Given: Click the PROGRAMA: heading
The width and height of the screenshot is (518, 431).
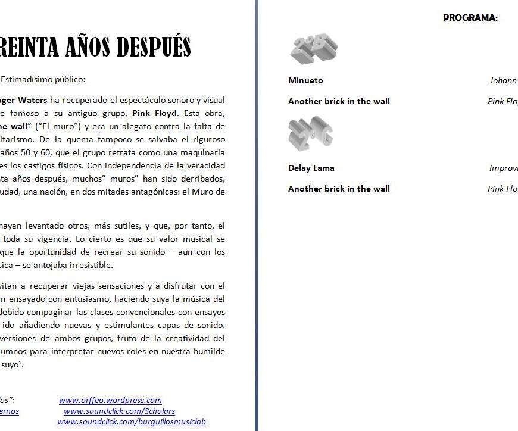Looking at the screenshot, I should [470, 18].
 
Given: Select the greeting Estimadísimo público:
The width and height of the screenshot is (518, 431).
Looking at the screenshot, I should [43, 79].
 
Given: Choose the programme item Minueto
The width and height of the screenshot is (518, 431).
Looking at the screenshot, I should [305, 80].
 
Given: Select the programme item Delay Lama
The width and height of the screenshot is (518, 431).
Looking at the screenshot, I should [311, 168].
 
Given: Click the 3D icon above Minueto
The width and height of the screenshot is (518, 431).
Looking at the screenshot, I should [314, 49].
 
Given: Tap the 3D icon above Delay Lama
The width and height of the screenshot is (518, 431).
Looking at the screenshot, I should [310, 134].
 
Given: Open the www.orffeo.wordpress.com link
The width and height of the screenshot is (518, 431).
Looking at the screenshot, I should [110, 401].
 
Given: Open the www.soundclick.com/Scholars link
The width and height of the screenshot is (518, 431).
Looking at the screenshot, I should [119, 411].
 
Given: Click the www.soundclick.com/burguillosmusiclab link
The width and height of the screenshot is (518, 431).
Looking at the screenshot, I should [132, 422].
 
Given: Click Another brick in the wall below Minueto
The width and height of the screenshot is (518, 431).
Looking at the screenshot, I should [339, 101].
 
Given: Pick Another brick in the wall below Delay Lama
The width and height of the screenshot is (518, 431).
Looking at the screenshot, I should [339, 189].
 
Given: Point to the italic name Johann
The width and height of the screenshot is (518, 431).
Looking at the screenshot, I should [503, 80].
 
